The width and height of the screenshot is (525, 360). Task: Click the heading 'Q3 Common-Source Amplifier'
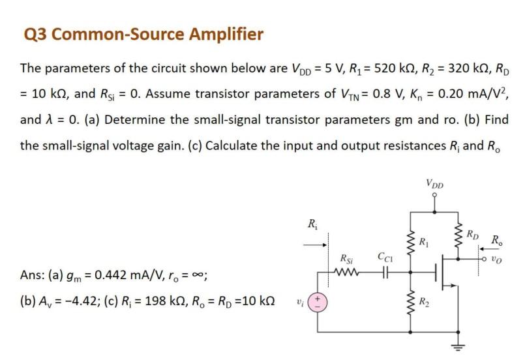pos(143,34)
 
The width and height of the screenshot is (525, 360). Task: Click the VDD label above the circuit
pos(434,185)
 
